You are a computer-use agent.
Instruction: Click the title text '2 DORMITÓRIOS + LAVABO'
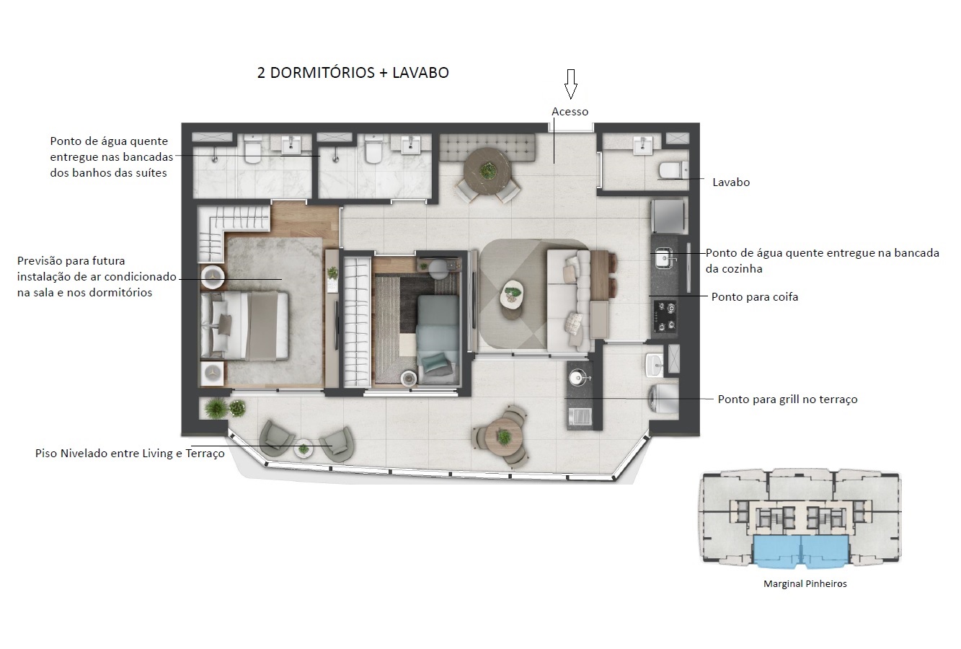(353, 73)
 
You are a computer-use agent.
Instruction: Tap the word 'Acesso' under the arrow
(570, 112)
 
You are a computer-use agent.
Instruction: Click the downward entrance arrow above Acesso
(570, 84)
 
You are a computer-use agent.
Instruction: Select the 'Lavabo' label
(731, 182)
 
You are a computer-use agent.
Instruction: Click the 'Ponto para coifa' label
(754, 297)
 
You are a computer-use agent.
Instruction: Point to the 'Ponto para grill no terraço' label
(787, 399)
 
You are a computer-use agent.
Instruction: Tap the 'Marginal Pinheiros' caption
(805, 584)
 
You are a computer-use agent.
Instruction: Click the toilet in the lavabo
(669, 169)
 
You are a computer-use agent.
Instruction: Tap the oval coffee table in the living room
(513, 293)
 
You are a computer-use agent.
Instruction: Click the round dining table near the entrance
(488, 170)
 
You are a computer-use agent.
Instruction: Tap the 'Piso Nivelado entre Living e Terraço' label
(130, 454)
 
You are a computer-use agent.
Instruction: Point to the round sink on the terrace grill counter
(577, 376)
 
